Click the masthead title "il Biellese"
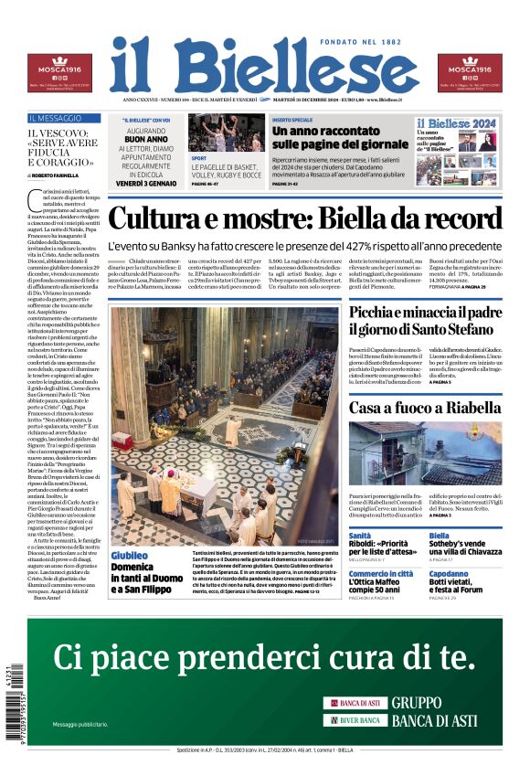click(264, 67)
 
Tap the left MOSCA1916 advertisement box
click(58, 72)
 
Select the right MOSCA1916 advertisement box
click(470, 72)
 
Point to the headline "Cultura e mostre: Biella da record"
click(304, 219)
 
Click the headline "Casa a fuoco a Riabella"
click(424, 408)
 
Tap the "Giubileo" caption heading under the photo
click(129, 556)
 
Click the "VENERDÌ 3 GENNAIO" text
click(146, 184)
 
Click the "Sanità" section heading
click(360, 536)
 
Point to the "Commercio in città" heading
click(382, 575)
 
